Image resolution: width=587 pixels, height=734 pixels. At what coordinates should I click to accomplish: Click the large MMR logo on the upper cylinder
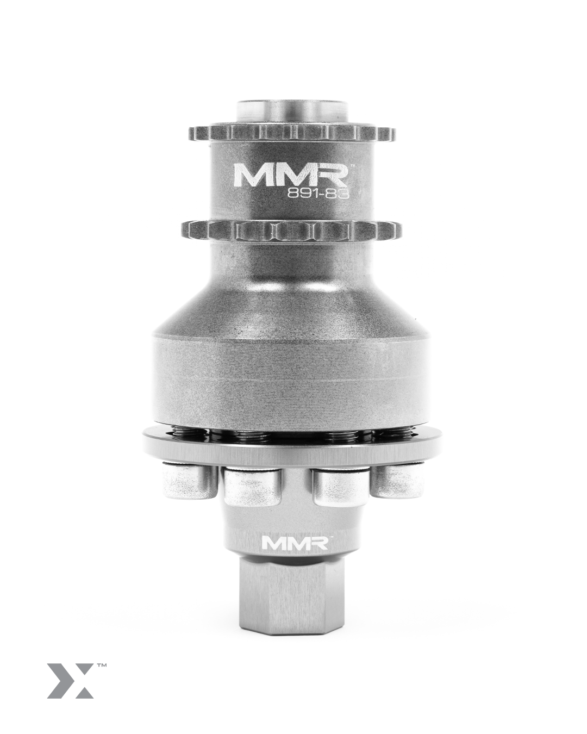point(291,175)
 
